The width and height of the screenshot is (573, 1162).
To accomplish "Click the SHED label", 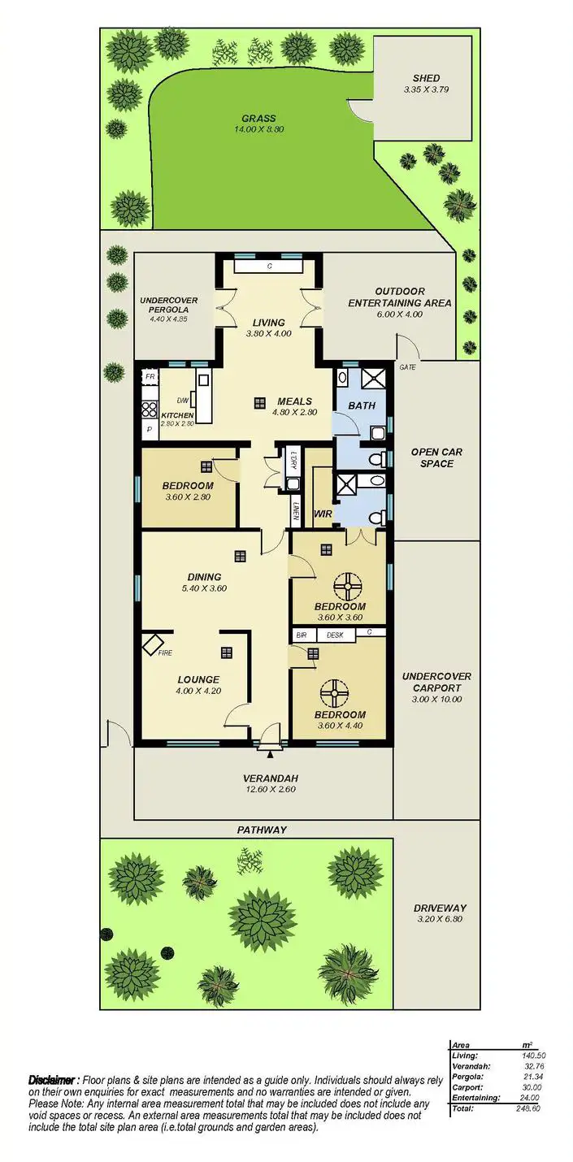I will [426, 79].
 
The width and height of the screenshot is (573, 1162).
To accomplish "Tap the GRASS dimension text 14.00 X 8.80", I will [258, 129].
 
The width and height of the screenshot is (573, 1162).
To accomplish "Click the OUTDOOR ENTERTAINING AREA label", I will [410, 297].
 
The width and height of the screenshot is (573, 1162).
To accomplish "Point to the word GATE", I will [408, 367].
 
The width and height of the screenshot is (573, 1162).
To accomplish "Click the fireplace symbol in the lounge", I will [152, 644].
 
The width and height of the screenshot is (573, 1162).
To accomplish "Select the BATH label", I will [361, 405].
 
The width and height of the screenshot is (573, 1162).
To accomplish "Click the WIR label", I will [323, 513].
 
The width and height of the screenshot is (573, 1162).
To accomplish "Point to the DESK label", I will [335, 634].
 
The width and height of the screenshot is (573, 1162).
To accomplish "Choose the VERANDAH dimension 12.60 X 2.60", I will [263, 789].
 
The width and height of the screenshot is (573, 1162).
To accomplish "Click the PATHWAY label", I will [262, 830].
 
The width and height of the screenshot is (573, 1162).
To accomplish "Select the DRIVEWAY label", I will [441, 908].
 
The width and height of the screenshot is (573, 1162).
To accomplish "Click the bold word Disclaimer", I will [53, 1080].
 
